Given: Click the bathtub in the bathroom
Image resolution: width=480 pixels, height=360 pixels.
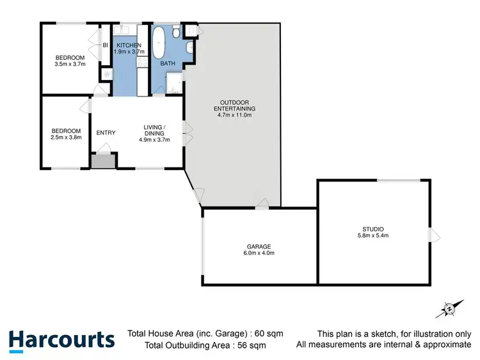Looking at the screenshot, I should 159,42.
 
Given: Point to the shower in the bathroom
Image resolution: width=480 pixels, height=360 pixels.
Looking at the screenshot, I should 173,83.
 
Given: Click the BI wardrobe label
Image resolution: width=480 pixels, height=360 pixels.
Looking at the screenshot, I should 105,45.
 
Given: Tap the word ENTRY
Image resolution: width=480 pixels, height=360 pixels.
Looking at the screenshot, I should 106,133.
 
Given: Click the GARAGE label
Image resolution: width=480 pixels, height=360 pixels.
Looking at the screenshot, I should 259,246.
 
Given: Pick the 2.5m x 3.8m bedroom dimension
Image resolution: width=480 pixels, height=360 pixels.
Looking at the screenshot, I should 66,137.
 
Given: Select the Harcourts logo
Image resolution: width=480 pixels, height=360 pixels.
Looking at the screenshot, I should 61,339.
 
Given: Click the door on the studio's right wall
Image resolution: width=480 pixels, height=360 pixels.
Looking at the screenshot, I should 435,235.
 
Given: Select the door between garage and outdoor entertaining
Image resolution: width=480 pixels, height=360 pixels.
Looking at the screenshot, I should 262,204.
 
